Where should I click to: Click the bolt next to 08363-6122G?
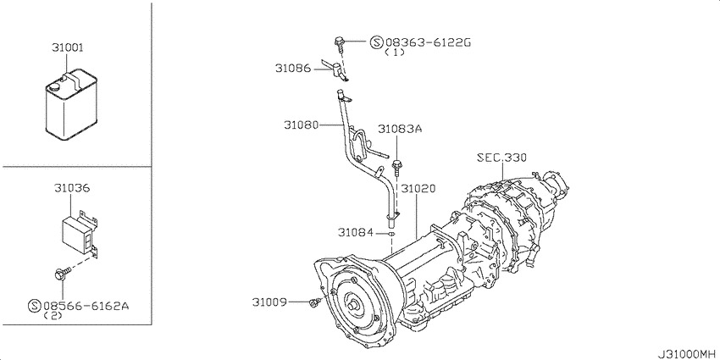pyautogui.click(x=340, y=41)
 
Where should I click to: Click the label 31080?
pyautogui.click(x=301, y=125)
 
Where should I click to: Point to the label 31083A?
pyautogui.click(x=400, y=130)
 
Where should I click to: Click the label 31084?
pyautogui.click(x=356, y=231)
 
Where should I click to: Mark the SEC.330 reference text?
pyautogui.click(x=501, y=157)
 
